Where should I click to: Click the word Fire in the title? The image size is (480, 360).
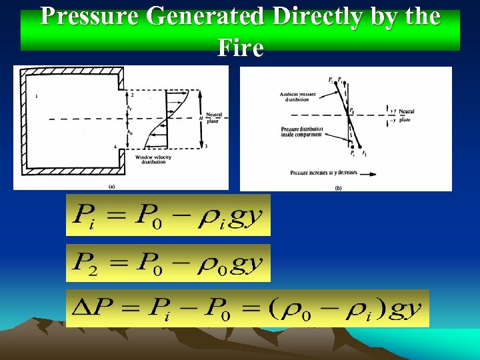(240, 47)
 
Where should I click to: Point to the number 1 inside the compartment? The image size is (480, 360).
(36, 97)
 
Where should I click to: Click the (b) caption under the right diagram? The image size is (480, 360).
(338, 188)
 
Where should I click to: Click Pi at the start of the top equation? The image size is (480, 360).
(85, 215)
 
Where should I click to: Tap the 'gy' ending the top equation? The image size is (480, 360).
(247, 216)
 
